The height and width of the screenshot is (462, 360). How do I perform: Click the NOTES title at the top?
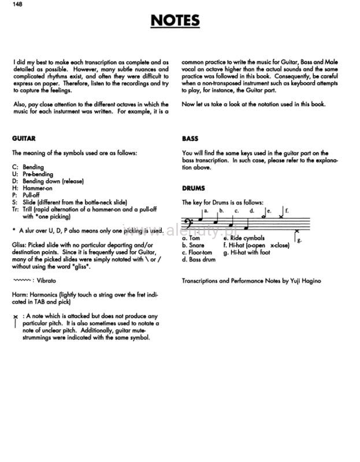(x=175, y=21)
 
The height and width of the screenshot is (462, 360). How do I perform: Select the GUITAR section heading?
(x=24, y=139)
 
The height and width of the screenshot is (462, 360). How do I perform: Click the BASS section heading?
(x=190, y=139)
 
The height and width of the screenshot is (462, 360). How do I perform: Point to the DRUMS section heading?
(x=194, y=188)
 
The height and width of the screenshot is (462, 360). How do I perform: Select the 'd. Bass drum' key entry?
(x=199, y=260)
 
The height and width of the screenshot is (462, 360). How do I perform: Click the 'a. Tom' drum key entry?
(x=191, y=238)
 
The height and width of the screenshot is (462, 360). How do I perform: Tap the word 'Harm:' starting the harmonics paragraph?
(x=20, y=295)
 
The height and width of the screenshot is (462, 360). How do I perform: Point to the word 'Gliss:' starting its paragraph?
(x=20, y=245)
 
